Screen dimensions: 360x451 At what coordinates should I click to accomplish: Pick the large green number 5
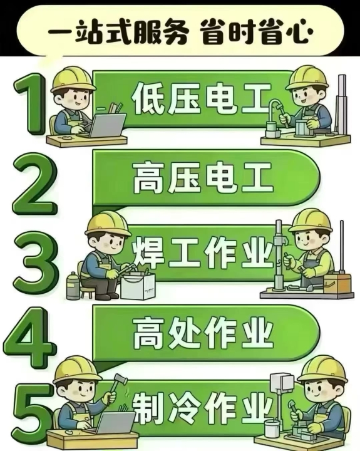click(33, 414)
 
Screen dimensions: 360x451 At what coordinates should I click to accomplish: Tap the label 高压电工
click(203, 177)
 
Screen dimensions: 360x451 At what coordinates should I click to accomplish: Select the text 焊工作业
click(202, 252)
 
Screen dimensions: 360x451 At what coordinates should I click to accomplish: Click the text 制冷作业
click(202, 408)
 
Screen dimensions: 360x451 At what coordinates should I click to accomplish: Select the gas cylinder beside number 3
click(73, 286)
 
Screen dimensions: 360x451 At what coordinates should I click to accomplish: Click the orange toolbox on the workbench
click(337, 283)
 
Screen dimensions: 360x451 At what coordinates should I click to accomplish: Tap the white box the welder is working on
click(138, 286)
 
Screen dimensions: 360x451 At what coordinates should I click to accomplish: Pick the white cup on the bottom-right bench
click(272, 428)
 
